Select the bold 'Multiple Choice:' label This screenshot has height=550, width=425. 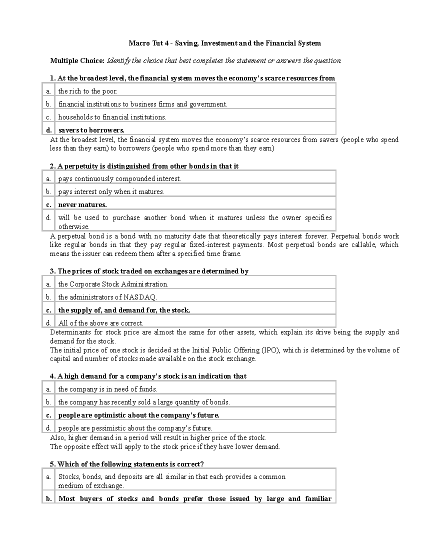[x=77, y=61]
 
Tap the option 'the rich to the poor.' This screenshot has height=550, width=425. [x=87, y=91]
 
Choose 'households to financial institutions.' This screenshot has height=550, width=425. [x=112, y=117]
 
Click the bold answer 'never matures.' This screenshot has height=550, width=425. [x=82, y=205]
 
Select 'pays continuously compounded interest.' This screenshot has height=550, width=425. [x=119, y=179]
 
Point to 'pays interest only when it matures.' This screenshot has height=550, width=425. [x=111, y=192]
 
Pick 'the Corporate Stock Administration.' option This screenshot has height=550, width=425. [x=113, y=284]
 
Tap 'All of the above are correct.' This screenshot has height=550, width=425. [x=101, y=323]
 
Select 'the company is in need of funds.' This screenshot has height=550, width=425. [x=108, y=389]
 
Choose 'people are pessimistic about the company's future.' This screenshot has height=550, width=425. [x=135, y=428]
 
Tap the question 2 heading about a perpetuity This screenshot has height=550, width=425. [x=144, y=166]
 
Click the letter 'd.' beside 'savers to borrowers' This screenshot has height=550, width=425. [x=49, y=130]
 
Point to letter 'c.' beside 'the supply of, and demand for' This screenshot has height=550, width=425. [x=49, y=310]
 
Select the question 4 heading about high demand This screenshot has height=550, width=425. [x=148, y=376]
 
